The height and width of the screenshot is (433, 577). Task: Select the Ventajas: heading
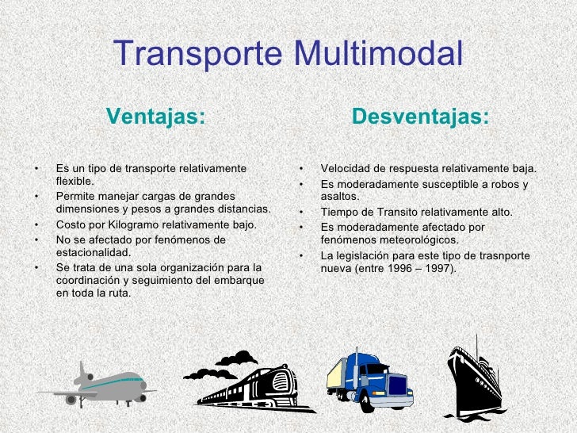[x=155, y=117]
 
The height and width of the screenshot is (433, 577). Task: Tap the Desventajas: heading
[x=420, y=117]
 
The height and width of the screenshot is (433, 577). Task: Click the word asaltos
[x=340, y=197]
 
